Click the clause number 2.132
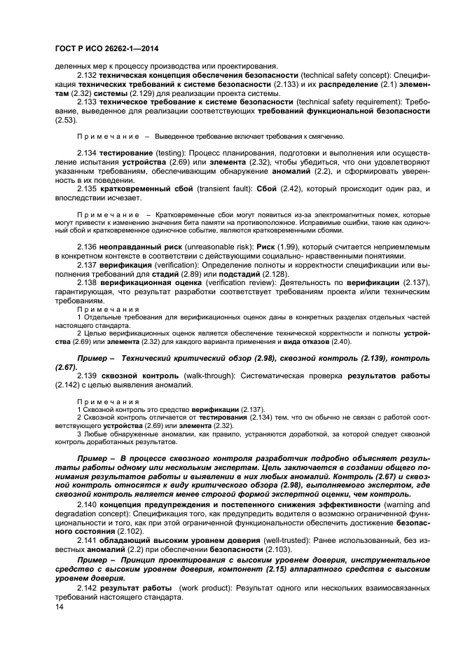coord(86,74)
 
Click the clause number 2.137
coord(86,265)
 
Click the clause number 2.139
coord(86,377)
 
